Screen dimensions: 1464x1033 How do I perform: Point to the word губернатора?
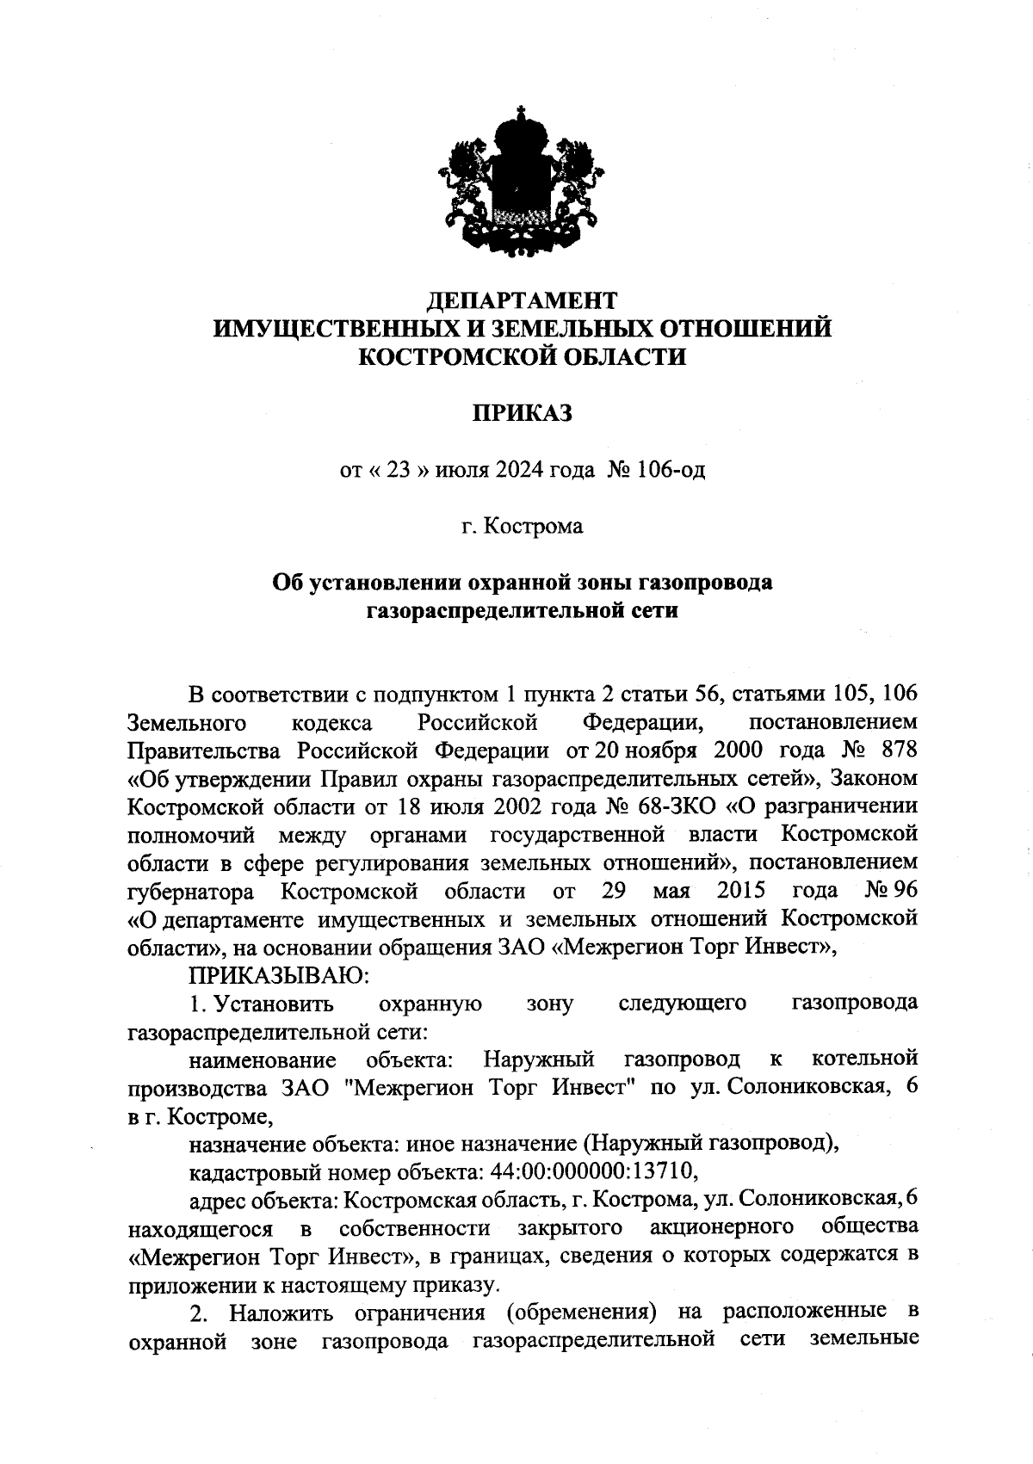190,890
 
